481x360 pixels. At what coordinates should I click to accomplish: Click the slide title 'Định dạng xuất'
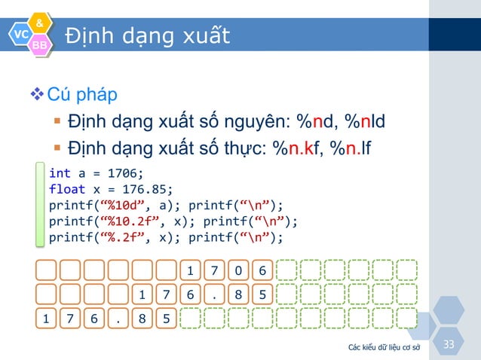coord(147,35)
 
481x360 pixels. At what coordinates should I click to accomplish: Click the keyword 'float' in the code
coord(65,189)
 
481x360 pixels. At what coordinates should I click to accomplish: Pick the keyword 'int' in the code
coord(58,172)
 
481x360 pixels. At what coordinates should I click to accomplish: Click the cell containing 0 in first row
coord(238,270)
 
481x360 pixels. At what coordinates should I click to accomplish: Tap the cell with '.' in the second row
coord(215,294)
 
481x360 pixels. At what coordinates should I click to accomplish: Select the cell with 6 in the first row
coord(262,270)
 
